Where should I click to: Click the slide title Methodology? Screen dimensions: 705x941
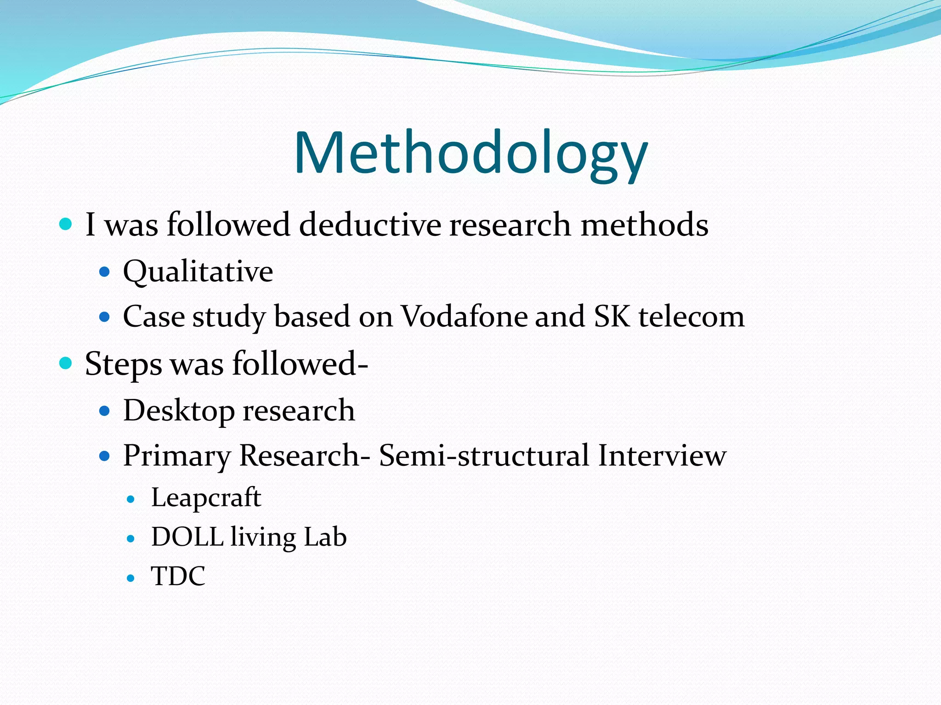point(470,153)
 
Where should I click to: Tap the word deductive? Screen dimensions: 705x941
point(370,225)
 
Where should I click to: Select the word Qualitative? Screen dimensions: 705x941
point(198,271)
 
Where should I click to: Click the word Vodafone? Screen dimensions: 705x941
point(465,317)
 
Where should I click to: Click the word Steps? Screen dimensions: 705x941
point(123,364)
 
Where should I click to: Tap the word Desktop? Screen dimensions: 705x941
point(179,411)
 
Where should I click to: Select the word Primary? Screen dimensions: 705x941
point(177,456)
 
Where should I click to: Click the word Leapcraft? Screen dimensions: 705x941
point(206,498)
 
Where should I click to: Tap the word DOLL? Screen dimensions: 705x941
point(187,537)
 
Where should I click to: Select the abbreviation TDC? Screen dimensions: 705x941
point(178,576)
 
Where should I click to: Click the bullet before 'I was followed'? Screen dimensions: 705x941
point(66,224)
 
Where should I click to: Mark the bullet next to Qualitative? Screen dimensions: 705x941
point(105,272)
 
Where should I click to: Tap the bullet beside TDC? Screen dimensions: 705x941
point(131,578)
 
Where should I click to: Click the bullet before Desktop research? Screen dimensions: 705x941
point(105,410)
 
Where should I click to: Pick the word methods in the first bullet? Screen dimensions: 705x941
point(644,225)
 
